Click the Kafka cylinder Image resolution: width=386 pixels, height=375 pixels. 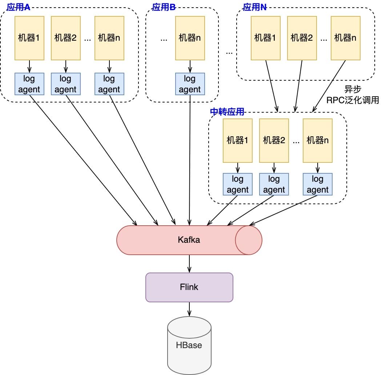[x=189, y=240]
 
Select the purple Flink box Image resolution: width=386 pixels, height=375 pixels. [x=189, y=287]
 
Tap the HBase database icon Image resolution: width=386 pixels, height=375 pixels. [x=189, y=345]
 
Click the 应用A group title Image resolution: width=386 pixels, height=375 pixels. [x=18, y=7]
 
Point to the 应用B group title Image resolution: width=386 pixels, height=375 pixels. [x=164, y=7]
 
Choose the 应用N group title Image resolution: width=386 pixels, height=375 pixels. [x=254, y=7]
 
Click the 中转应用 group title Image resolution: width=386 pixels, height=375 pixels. [x=227, y=112]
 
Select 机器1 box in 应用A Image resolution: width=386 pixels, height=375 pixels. [x=29, y=38]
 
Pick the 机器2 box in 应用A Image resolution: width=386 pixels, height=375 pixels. [x=65, y=38]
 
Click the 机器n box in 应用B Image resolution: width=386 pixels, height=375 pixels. [x=190, y=38]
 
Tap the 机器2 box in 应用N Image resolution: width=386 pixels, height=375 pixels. [x=302, y=38]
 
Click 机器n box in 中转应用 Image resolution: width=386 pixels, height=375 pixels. [x=318, y=140]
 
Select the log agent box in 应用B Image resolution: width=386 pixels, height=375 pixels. [x=190, y=84]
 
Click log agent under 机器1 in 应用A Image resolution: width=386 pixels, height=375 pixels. [x=29, y=84]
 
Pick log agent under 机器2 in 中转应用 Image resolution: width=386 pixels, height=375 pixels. [x=274, y=184]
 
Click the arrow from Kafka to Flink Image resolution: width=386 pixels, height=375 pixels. [x=189, y=263]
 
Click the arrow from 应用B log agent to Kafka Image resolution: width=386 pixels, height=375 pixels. [x=190, y=160]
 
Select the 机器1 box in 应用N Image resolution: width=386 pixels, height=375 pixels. [x=265, y=38]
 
